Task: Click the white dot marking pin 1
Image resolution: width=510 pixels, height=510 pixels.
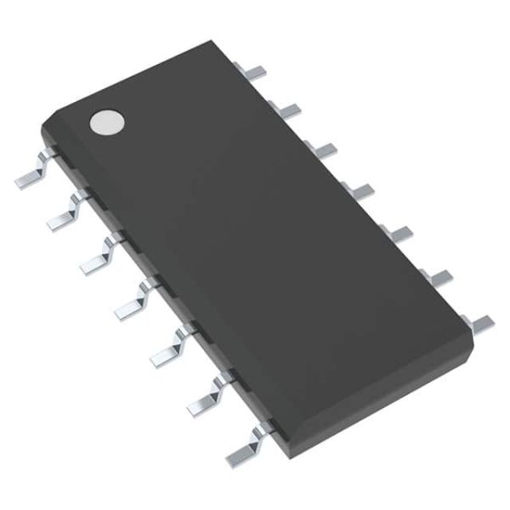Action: (x=107, y=122)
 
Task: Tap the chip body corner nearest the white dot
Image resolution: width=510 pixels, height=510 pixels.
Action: (x=42, y=127)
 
